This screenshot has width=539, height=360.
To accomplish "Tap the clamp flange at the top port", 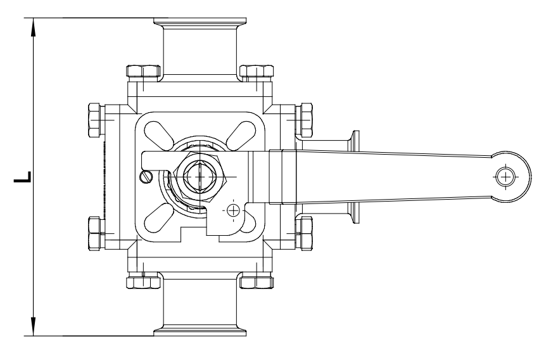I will point(201,25).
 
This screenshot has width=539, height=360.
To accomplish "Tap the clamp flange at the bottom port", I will point(201,330).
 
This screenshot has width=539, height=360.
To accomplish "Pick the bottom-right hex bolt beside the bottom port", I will point(257,282).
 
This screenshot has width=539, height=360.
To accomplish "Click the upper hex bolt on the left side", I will point(93,119).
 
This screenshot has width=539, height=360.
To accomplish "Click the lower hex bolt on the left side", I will point(93,233).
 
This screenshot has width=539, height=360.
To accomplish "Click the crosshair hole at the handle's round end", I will point(505,177).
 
